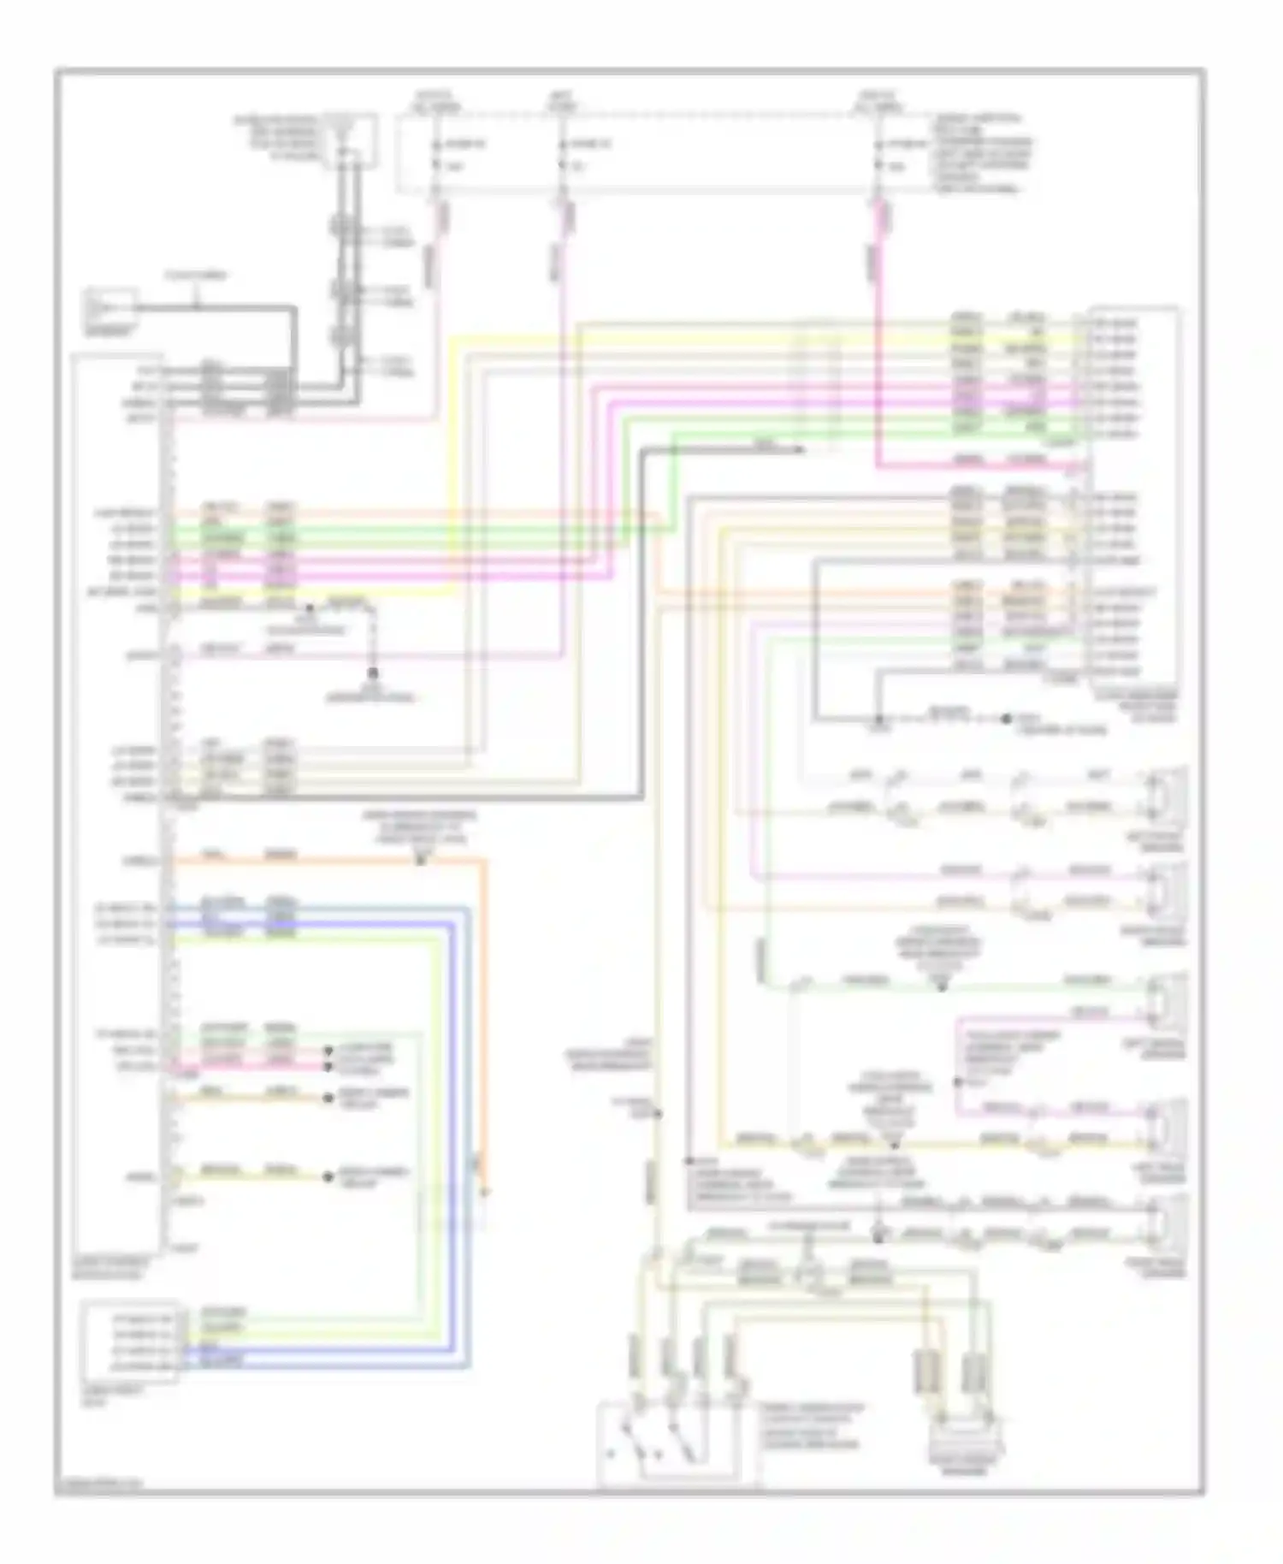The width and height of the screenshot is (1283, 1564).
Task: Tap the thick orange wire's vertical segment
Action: (484, 1027)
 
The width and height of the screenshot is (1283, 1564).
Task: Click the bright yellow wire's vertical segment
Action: (452, 462)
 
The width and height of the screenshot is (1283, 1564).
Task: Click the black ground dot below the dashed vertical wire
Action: (373, 674)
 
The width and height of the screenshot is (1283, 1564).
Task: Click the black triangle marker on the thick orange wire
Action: (420, 859)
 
